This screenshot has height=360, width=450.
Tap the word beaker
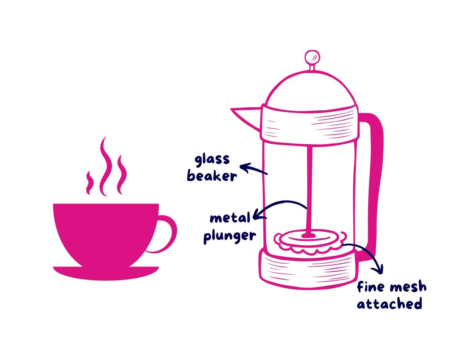(212, 176)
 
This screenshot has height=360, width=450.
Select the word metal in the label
(229, 218)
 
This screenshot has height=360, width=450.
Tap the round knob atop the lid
(312, 57)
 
